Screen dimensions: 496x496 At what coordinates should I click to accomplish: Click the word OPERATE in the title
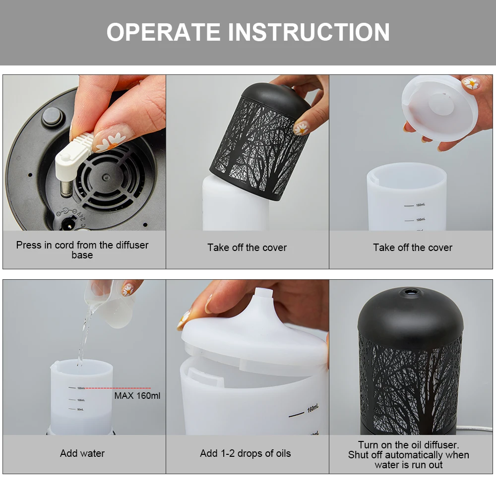click(x=163, y=32)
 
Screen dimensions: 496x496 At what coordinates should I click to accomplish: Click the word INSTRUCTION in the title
click(x=309, y=32)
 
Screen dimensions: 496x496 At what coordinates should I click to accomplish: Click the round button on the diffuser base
click(x=52, y=116)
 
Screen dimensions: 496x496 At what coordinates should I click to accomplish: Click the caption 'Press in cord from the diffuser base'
click(x=82, y=249)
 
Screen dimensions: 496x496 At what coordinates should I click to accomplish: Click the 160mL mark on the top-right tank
click(x=421, y=205)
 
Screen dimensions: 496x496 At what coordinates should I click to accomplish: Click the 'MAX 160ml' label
click(x=137, y=396)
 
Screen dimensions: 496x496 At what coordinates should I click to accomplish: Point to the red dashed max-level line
click(x=118, y=388)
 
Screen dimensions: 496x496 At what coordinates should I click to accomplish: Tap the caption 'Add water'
click(x=82, y=453)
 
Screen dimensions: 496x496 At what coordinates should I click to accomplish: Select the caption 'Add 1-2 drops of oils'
click(x=246, y=453)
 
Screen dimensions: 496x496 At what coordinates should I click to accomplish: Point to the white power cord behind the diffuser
click(x=475, y=429)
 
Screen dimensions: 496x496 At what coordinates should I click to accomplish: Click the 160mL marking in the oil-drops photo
click(x=312, y=408)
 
